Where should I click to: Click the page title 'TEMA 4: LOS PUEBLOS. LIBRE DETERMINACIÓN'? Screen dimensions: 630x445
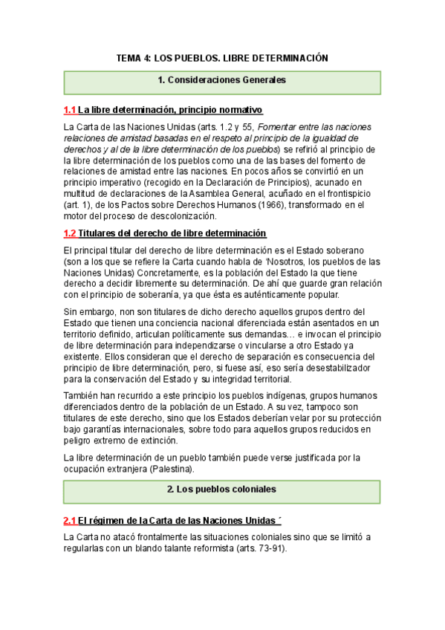pyautogui.click(x=222, y=58)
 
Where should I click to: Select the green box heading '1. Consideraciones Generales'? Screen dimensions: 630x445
pyautogui.click(x=222, y=79)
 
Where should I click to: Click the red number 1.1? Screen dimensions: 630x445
pyautogui.click(x=70, y=110)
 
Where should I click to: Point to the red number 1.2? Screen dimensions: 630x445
pyautogui.click(x=70, y=233)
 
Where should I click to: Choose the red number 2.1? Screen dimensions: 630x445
pyautogui.click(x=70, y=519)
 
